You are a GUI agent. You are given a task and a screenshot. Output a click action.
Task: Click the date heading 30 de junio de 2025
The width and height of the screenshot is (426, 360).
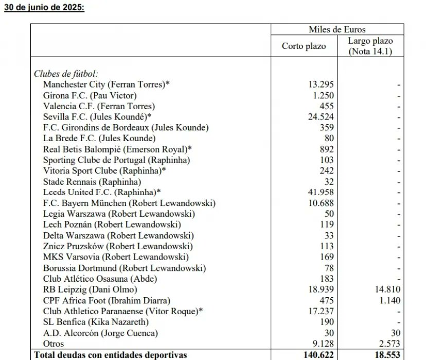tap(45, 9)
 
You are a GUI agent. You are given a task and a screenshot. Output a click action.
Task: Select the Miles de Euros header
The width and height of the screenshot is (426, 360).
tap(337, 30)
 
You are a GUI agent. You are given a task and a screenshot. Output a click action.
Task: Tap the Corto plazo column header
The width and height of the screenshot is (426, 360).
tap(304, 46)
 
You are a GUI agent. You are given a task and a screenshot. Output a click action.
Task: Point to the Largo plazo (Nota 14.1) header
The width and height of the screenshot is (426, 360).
tap(370, 46)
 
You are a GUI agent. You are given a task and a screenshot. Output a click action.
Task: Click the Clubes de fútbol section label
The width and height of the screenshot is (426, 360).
tap(66, 74)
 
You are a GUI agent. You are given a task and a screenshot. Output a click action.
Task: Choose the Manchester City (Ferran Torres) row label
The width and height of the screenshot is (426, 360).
tap(106, 84)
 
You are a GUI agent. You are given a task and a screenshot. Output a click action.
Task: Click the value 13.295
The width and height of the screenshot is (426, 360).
tap(321, 84)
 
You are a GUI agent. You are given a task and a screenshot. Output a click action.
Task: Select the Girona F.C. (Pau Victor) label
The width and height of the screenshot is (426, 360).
tap(90, 95)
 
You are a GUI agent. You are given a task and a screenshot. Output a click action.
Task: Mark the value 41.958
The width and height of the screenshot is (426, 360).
tap(321, 192)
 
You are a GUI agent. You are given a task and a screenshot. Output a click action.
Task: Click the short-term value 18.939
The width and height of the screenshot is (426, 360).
tap(321, 289)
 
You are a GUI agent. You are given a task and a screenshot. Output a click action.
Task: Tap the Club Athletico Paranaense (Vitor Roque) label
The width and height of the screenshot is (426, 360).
tap(121, 311)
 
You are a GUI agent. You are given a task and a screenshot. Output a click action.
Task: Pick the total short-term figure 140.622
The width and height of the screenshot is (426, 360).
tap(317, 354)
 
